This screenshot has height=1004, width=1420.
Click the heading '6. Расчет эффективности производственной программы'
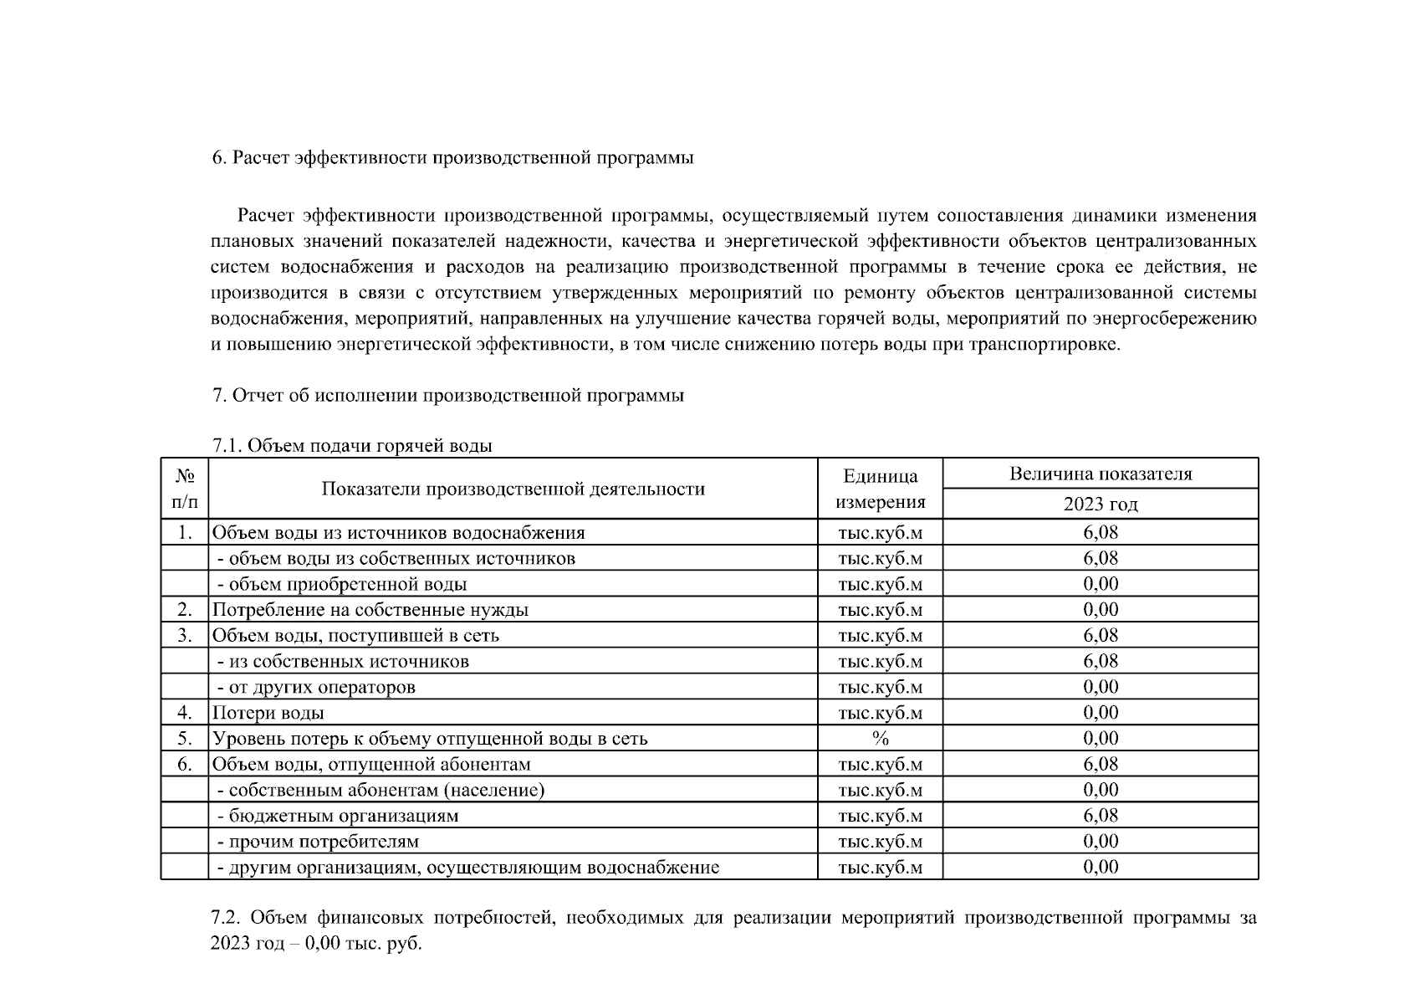click(452, 157)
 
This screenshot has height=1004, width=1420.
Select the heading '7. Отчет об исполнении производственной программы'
click(448, 395)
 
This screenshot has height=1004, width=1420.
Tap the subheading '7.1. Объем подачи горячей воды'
click(352, 445)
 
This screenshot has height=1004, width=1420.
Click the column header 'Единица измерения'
click(880, 489)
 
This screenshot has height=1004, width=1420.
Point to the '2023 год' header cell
click(1100, 504)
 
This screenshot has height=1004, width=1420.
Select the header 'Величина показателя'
click(1100, 474)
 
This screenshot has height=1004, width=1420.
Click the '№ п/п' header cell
click(185, 489)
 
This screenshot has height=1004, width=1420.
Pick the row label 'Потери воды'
click(268, 713)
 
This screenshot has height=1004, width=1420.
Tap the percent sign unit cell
click(880, 738)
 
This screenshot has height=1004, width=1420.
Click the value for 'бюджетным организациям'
click(1100, 815)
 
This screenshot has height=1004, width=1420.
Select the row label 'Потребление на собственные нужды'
click(370, 610)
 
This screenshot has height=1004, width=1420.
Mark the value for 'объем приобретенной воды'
click(1100, 584)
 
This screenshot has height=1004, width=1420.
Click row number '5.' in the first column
click(185, 738)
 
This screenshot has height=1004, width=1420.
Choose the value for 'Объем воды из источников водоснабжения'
click(1100, 532)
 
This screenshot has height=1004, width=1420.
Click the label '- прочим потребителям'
click(318, 841)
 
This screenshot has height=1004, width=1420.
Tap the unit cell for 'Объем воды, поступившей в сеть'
click(880, 635)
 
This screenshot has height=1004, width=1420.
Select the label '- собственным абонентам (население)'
click(381, 790)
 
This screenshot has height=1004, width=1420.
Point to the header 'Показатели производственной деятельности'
click(513, 489)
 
